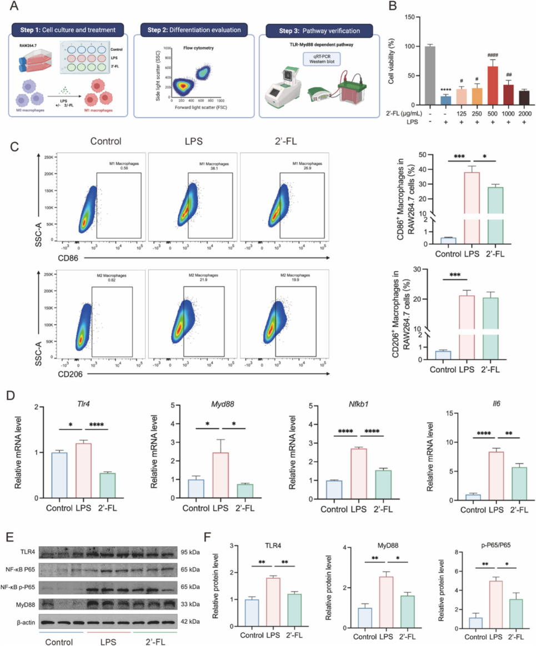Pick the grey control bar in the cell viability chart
(x=429, y=75)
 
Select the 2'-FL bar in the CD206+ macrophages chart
(x=493, y=327)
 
